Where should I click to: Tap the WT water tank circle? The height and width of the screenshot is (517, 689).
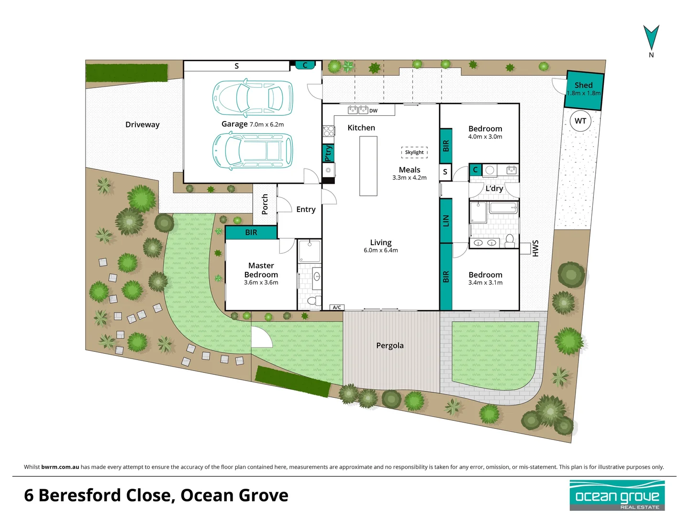pos(580,121)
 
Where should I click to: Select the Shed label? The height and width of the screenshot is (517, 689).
pos(584,85)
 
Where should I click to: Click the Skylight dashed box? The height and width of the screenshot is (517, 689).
pos(414,152)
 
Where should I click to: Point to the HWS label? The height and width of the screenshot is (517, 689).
pos(535,248)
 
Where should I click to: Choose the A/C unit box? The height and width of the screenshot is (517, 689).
pos(337,307)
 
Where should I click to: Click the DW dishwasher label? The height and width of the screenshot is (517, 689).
pos(373,111)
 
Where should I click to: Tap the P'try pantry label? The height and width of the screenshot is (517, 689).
pos(328,153)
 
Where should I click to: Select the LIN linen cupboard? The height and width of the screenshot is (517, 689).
pos(446,221)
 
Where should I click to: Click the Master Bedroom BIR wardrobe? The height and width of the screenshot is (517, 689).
pos(251,233)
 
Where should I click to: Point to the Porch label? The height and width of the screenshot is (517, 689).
pos(265,204)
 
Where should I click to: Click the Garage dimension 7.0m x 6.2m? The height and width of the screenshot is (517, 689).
pos(267,124)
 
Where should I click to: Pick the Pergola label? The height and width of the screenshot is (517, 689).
pos(390,346)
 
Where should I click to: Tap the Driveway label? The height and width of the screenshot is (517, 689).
pos(143,124)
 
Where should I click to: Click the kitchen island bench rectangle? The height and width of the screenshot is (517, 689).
pos(368,166)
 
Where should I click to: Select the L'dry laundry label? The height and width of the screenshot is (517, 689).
pos(494,188)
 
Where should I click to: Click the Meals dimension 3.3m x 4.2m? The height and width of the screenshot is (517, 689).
pos(409,178)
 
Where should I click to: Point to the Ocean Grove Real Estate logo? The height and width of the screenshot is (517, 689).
pos(617,495)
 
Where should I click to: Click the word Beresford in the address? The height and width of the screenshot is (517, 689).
pos(80,495)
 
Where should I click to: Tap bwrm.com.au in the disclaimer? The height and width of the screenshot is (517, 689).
pos(60,467)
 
